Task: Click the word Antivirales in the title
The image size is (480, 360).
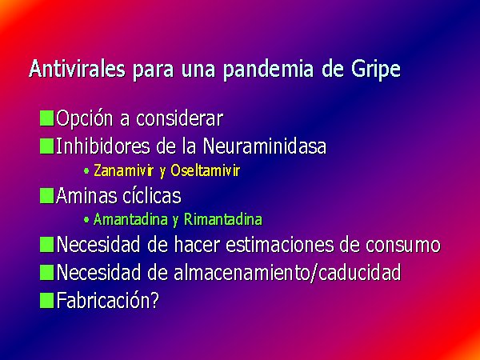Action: [77, 68]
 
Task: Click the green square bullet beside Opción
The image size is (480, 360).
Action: [47, 118]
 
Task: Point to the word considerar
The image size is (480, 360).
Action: [179, 118]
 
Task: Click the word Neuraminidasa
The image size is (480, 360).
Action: [265, 146]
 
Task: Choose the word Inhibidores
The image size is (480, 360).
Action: [102, 146]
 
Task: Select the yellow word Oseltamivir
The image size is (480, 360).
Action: [205, 170]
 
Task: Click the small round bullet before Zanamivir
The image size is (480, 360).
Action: [86, 171]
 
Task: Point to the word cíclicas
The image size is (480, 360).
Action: [151, 196]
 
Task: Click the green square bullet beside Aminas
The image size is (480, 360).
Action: [47, 196]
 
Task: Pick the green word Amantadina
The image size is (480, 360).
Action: [130, 219]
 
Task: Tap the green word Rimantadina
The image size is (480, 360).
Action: [223, 219]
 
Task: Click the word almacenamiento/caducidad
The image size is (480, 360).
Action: [287, 272]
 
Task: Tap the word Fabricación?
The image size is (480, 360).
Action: [108, 300]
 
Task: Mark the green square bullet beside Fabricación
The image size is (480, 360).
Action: [47, 300]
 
